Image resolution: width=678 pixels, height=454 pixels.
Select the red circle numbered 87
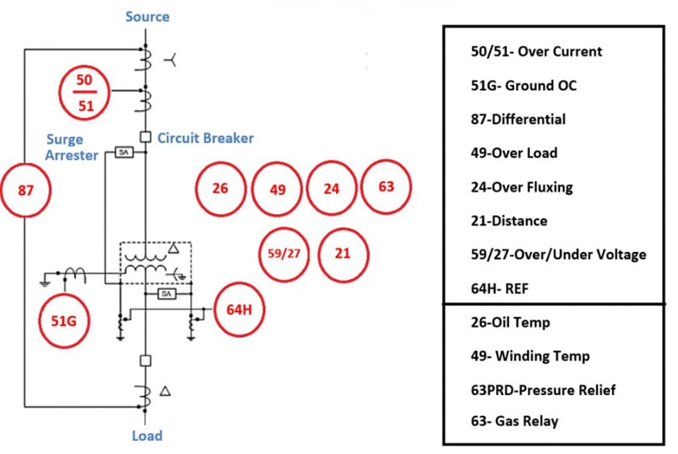pos(26,191)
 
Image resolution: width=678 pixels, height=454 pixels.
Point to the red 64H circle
pos(239,309)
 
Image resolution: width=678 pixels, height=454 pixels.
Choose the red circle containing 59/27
pos(284,253)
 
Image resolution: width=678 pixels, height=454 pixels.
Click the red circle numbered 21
pos(343,253)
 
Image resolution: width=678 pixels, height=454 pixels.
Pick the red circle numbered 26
pos(220,189)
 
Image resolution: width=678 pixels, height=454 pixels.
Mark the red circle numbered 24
pos(331,189)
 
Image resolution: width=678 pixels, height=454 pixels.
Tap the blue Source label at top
pos(147,16)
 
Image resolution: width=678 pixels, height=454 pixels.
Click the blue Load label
pos(147,436)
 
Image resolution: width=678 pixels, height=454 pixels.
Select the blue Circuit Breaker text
pos(205,138)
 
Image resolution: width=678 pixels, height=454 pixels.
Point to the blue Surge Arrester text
pos(71,147)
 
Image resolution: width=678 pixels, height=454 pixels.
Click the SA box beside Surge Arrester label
pos(123,152)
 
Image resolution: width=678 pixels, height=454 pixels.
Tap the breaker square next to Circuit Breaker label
pos(145,137)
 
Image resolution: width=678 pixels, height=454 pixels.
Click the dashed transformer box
pos(155,263)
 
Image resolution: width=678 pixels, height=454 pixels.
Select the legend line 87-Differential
pos(518,120)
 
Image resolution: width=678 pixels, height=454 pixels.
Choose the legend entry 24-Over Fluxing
pos(521,187)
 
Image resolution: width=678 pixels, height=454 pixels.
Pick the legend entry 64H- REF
pos(499,288)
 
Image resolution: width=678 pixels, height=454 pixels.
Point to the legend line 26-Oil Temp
pos(510,322)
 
